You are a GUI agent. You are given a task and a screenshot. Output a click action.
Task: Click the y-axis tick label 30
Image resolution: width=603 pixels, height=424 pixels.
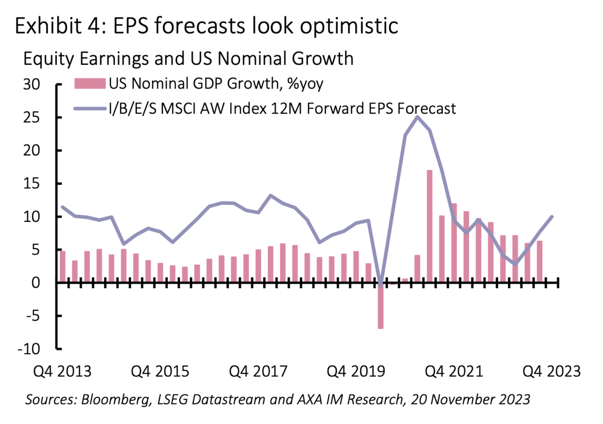[32, 84]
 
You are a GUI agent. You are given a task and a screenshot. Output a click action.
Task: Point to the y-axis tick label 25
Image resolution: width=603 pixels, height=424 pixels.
[32, 118]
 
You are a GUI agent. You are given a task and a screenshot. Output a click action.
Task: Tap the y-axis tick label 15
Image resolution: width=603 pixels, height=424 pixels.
[32, 184]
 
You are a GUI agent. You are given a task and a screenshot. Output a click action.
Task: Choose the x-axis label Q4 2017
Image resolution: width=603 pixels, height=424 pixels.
[258, 372]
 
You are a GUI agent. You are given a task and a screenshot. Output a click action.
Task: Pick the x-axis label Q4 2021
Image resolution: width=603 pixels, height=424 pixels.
[454, 372]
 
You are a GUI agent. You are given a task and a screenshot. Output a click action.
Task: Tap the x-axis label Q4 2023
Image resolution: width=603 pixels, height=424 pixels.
[551, 372]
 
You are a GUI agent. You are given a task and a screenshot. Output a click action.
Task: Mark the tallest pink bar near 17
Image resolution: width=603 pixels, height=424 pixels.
[430, 226]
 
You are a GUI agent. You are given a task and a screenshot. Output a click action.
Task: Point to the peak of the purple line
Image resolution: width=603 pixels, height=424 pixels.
[417, 117]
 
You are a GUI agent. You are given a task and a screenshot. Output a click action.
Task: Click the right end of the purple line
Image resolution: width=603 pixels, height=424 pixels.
[552, 217]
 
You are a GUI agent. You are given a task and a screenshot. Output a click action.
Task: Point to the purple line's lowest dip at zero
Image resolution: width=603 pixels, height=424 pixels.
[380, 284]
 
